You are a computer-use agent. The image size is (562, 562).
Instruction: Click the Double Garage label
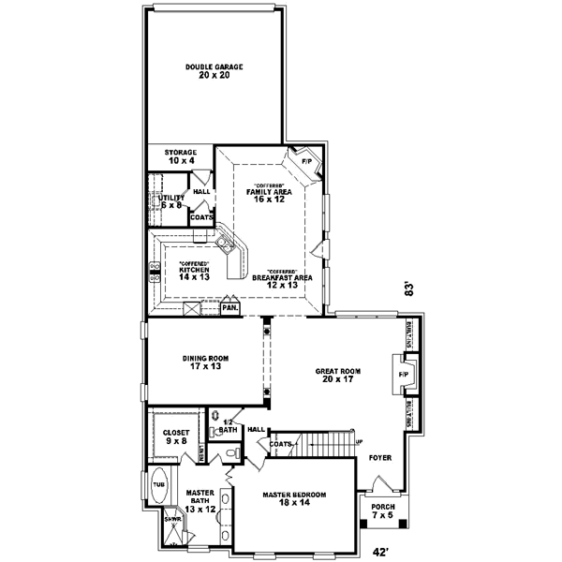point(214,71)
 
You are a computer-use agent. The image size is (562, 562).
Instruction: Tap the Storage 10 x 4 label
point(182,156)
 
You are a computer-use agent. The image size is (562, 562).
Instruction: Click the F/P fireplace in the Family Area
point(305,161)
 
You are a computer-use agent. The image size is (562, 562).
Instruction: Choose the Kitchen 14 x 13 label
point(194,273)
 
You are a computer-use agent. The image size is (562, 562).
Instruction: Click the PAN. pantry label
point(229,307)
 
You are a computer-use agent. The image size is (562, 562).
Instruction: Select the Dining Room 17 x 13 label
point(204,362)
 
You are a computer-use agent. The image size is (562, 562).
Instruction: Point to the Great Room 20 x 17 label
point(337,376)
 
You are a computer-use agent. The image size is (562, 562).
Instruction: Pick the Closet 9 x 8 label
point(176,436)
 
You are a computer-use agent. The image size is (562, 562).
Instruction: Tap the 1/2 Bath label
point(228,427)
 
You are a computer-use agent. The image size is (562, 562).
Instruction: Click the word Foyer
point(379,458)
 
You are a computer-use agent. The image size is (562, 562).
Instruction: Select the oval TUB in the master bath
point(158,486)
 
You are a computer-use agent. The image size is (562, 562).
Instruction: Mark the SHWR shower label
point(172,518)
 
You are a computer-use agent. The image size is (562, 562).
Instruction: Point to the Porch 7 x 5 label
point(382,510)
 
